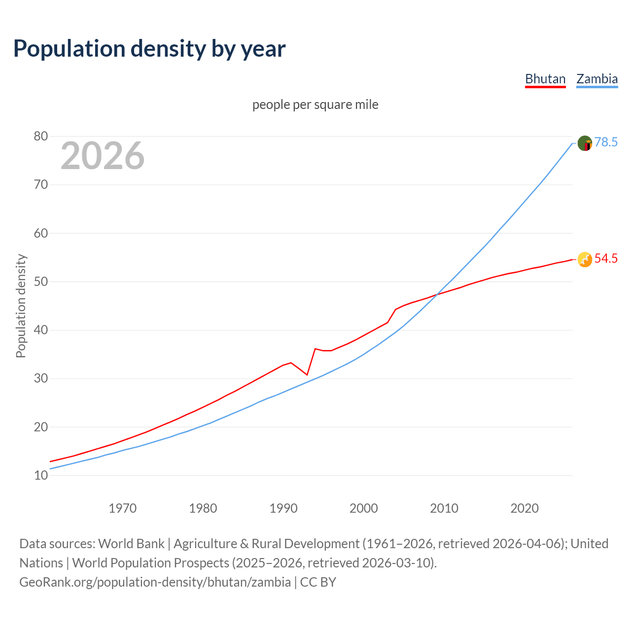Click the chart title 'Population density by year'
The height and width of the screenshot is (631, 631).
tap(149, 49)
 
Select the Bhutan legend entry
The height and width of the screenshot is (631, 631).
tap(545, 79)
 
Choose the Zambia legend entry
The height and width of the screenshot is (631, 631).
tap(597, 79)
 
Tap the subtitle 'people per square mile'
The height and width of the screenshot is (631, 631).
tap(315, 105)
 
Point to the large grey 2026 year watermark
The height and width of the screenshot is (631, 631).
tap(103, 156)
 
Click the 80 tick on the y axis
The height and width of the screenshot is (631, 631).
tap(41, 137)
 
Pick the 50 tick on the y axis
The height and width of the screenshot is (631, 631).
tap(41, 282)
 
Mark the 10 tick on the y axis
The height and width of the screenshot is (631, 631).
tap(41, 476)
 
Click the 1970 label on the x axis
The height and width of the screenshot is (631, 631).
tap(122, 508)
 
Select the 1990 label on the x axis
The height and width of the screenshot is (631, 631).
tap(283, 508)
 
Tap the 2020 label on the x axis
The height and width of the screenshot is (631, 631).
tap(525, 508)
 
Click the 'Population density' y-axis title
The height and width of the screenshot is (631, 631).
tap(21, 306)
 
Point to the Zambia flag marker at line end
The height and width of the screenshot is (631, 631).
tap(585, 143)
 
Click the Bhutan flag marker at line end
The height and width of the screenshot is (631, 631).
tap(585, 259)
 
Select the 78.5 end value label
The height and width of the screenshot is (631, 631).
tap(606, 142)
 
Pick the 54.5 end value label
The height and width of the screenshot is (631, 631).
tap(606, 259)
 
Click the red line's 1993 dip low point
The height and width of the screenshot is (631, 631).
tap(307, 375)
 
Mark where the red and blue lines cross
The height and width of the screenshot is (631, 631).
tap(437, 295)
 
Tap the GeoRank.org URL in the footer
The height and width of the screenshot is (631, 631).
tap(155, 582)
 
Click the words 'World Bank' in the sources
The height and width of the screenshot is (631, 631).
tap(131, 544)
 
